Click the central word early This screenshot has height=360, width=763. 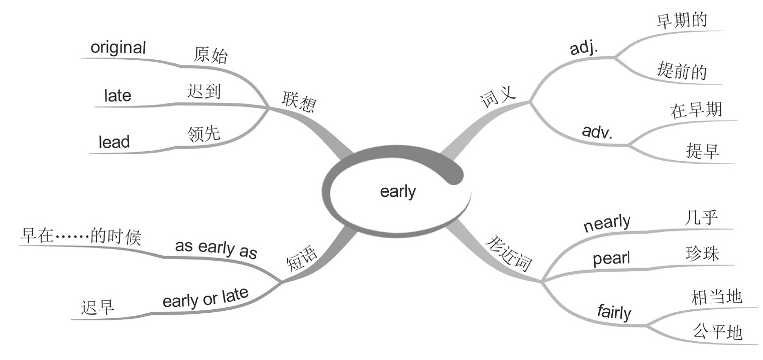pos(398,192)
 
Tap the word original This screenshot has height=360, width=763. pos(118,48)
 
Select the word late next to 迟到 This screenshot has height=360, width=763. pos(118,95)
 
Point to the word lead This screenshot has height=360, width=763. pos(114,142)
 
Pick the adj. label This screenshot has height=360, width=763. pos(587,48)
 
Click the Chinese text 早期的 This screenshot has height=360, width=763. pos(682,21)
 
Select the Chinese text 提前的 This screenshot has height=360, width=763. pos(682,71)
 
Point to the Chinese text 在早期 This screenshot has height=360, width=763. pos(696,110)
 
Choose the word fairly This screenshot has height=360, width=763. pos(614,312)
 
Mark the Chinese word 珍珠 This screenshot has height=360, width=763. pos(702,254)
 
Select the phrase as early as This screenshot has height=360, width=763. pos(216,249)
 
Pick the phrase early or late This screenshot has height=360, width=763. pos(206,297)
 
